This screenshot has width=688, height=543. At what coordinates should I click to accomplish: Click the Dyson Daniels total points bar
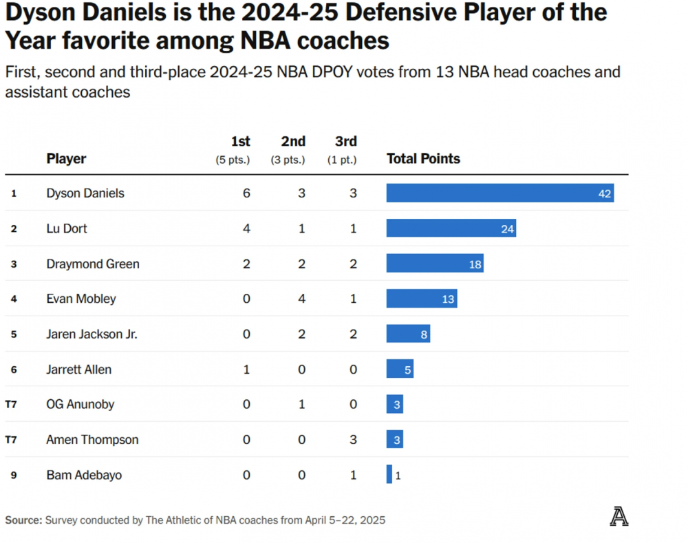(499, 193)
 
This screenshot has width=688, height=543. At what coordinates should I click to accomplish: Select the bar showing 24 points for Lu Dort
(451, 228)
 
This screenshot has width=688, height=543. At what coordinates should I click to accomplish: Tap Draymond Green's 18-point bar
(434, 264)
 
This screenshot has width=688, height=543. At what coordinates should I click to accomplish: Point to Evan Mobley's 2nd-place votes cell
(301, 299)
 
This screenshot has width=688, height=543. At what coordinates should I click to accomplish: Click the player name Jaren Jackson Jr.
(92, 334)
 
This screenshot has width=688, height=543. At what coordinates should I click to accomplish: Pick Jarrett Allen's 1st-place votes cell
(246, 370)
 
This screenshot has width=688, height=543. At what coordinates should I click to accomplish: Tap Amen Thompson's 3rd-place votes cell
(353, 440)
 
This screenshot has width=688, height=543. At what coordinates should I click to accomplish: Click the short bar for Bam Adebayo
(389, 475)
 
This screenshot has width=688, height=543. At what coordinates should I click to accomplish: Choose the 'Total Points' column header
(423, 159)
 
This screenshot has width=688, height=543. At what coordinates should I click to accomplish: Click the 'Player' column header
(66, 159)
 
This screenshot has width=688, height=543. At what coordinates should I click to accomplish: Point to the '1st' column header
(240, 142)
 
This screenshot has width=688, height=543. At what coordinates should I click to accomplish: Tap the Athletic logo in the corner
(619, 516)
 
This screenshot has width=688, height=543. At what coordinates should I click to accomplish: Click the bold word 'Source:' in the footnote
(23, 520)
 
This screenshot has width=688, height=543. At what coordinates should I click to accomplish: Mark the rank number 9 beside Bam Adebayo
(13, 475)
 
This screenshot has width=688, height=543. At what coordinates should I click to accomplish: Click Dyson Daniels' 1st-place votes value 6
(246, 193)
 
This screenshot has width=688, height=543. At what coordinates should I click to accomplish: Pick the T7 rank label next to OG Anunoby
(11, 405)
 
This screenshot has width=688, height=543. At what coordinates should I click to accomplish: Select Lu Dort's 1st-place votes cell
(246, 228)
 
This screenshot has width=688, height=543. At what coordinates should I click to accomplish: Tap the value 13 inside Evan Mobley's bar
(448, 299)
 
